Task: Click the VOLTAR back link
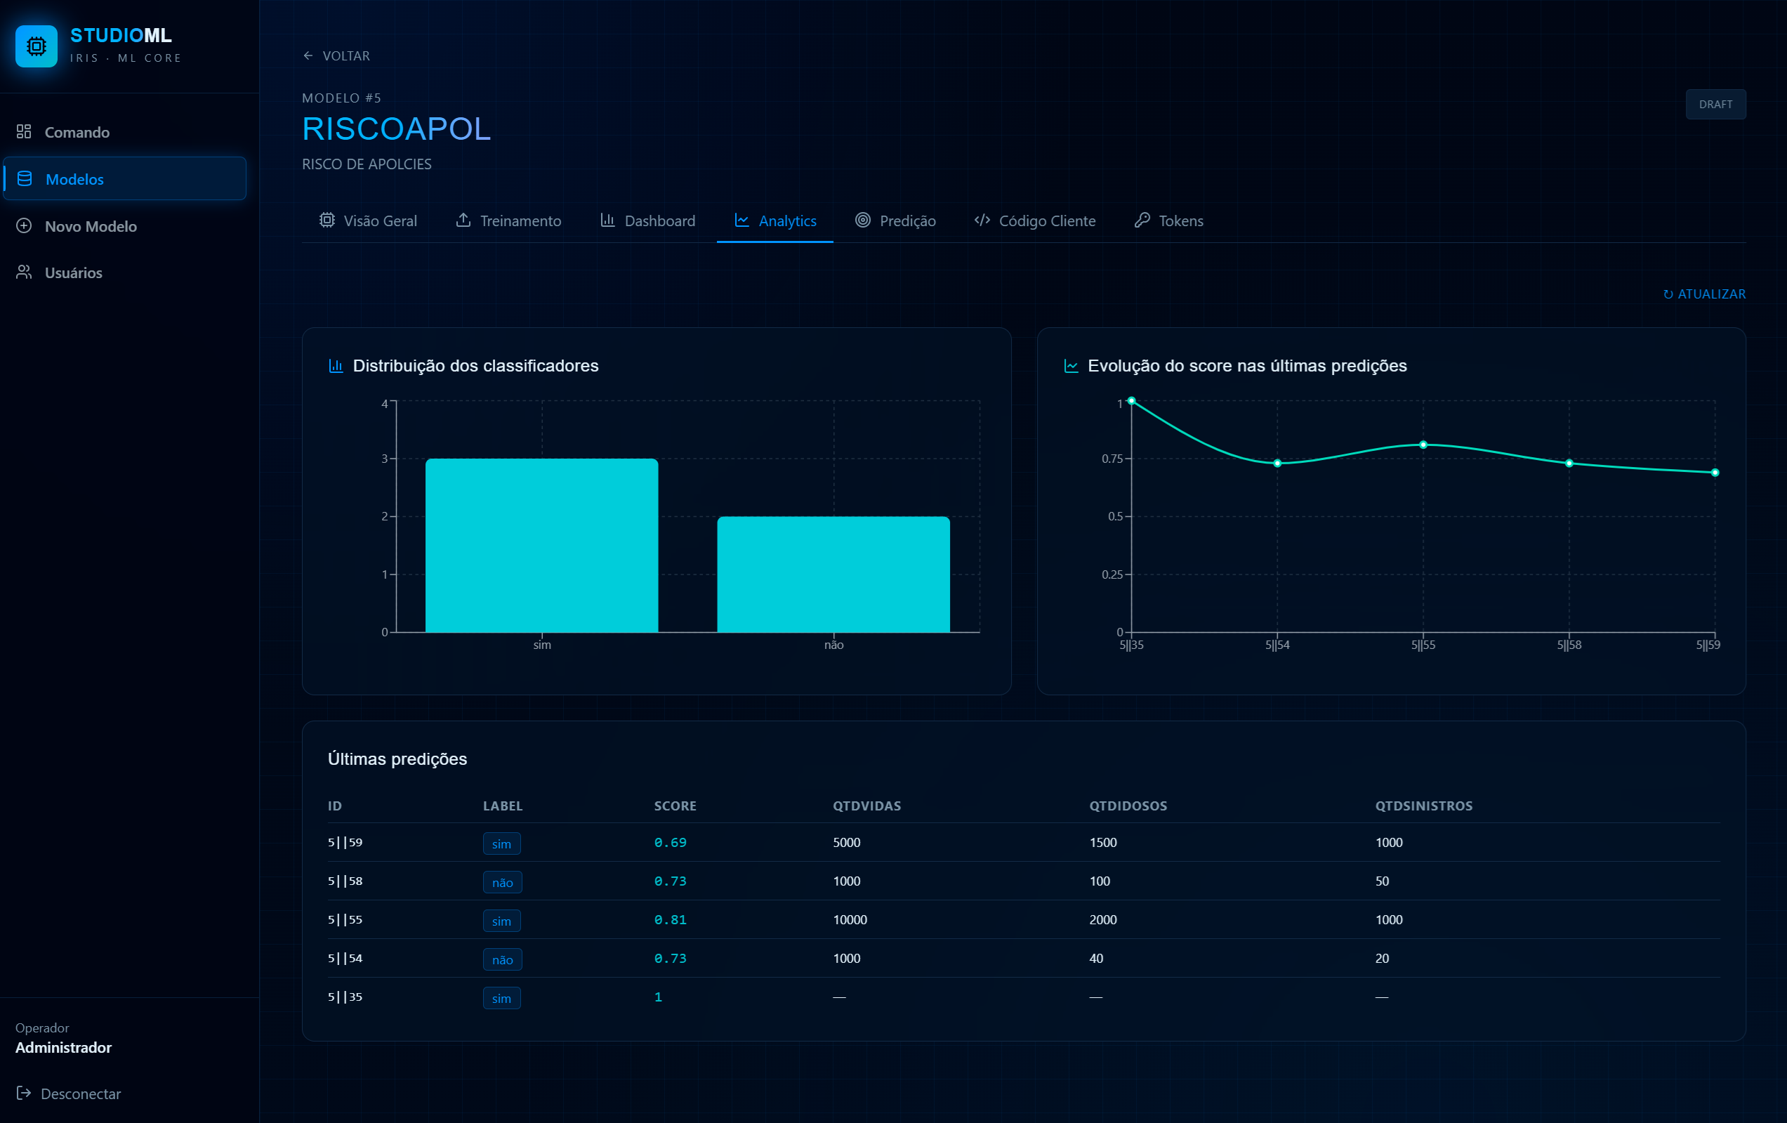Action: tap(336, 55)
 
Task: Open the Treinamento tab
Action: tap(508, 221)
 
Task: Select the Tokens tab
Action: tap(1169, 221)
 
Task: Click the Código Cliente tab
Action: tap(1034, 221)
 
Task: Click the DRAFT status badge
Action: tap(1716, 104)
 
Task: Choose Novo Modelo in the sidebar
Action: tap(77, 225)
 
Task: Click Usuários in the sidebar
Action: tap(60, 272)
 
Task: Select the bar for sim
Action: tap(542, 546)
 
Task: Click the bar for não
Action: tap(833, 574)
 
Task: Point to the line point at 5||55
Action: tap(1423, 445)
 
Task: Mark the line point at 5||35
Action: tap(1132, 401)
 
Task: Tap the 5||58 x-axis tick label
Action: tap(1569, 645)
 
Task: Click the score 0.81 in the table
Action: tap(670, 919)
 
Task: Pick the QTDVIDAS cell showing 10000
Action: tap(850, 919)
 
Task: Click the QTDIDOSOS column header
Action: tap(1128, 806)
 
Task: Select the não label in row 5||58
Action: tap(503, 882)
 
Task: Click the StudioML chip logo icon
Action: tap(37, 46)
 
